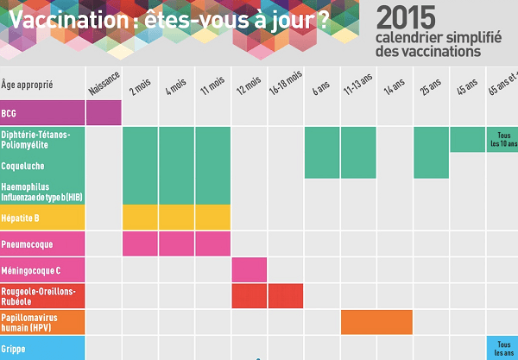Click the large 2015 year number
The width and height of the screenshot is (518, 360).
coord(411,17)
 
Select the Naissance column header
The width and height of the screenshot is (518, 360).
coord(104,83)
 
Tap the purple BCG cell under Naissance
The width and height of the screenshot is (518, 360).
coord(104,113)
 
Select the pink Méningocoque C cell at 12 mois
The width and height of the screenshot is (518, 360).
coord(250,270)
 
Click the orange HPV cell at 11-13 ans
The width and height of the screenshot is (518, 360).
coord(376,322)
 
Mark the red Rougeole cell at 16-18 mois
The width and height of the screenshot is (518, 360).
coord(286,296)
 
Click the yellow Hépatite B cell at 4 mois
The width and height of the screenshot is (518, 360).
coord(177,218)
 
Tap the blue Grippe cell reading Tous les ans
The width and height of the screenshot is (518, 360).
coord(502,348)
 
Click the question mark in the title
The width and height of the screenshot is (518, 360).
coord(324,21)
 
